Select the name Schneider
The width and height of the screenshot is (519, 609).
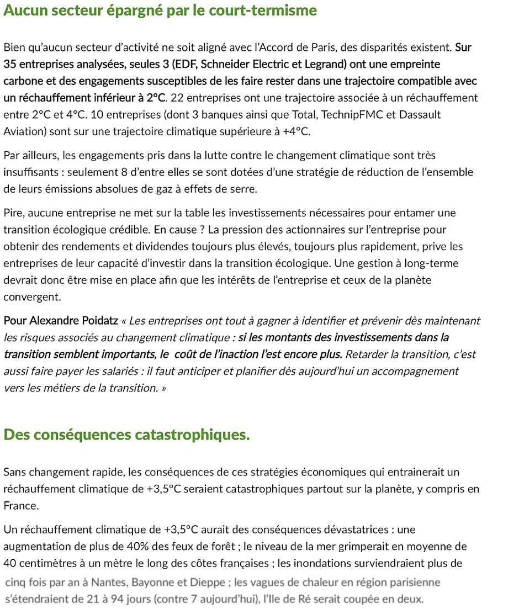pos(219,64)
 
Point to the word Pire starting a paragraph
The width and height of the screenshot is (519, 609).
pos(12,213)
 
